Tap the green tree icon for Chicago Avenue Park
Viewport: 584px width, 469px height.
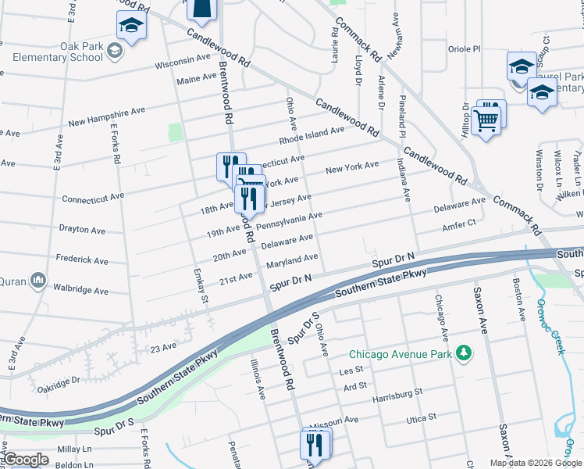click(464, 353)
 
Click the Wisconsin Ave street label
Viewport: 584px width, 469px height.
click(183, 61)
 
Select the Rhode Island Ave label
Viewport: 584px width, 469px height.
click(312, 135)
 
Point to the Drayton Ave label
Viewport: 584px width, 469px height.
click(82, 231)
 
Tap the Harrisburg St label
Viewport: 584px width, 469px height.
click(397, 392)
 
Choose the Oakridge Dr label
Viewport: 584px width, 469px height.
click(59, 381)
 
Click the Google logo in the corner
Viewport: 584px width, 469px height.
click(25, 460)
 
